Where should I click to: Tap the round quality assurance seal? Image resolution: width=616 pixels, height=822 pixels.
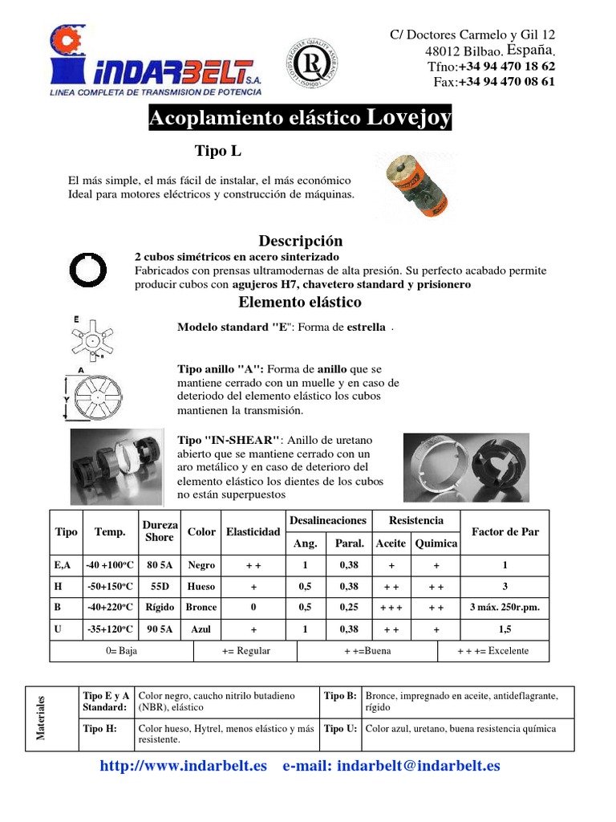(x=309, y=62)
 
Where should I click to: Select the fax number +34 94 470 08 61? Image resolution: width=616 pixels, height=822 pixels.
(x=506, y=82)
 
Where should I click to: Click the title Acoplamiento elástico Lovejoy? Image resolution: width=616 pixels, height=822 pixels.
(x=300, y=120)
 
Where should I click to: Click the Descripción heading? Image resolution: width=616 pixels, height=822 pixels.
(x=300, y=241)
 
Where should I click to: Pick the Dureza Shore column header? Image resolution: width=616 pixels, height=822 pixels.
(x=159, y=531)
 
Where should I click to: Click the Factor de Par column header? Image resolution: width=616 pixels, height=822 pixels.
(x=505, y=531)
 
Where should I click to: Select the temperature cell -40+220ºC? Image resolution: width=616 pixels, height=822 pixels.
(x=109, y=608)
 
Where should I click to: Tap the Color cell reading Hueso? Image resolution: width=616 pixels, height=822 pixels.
(x=201, y=586)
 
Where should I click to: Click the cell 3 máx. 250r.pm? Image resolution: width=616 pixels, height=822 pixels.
(x=505, y=608)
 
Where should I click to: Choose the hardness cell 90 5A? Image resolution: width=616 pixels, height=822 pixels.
(x=159, y=629)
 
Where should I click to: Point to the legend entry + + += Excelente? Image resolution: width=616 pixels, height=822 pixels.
(x=492, y=650)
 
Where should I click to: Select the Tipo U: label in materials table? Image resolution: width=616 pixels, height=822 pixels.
(x=340, y=729)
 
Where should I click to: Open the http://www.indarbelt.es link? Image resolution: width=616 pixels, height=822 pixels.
(x=183, y=766)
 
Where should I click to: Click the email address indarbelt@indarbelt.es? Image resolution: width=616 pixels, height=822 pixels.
(x=418, y=766)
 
